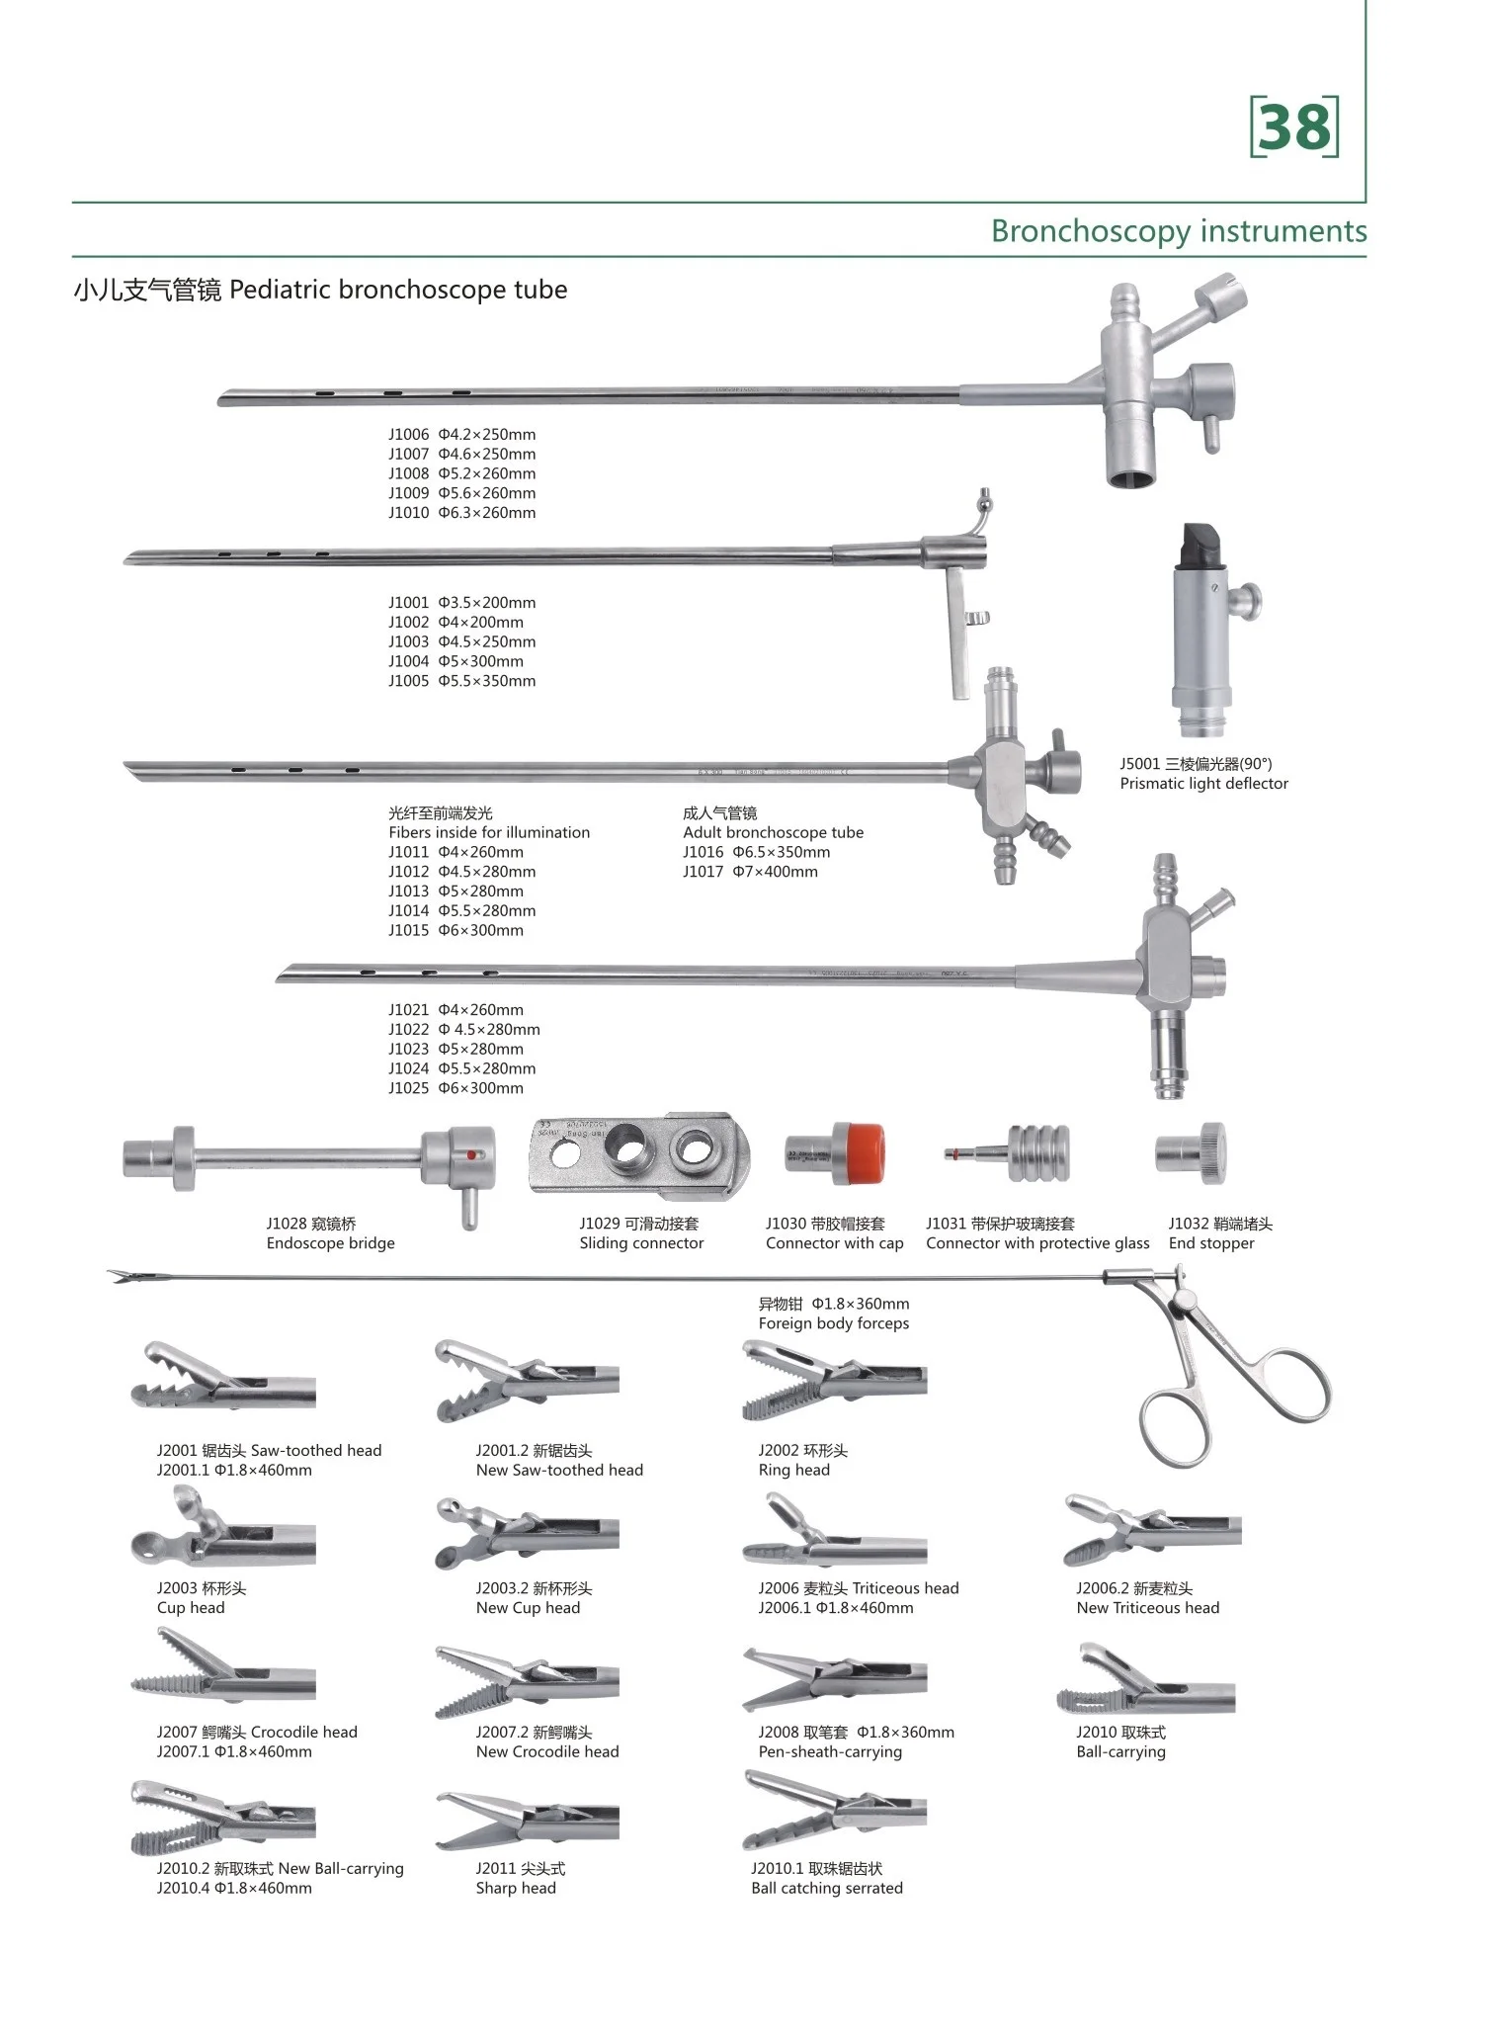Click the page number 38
[1294, 127]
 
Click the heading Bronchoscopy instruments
[1179, 231]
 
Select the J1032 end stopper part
[1192, 1153]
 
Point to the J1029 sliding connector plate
[640, 1153]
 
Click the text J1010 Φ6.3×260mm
[461, 513]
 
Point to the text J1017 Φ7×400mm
[750, 872]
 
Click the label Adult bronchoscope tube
[773, 832]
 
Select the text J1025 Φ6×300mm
[456, 1088]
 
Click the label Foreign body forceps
[834, 1323]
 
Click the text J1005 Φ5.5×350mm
[461, 681]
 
